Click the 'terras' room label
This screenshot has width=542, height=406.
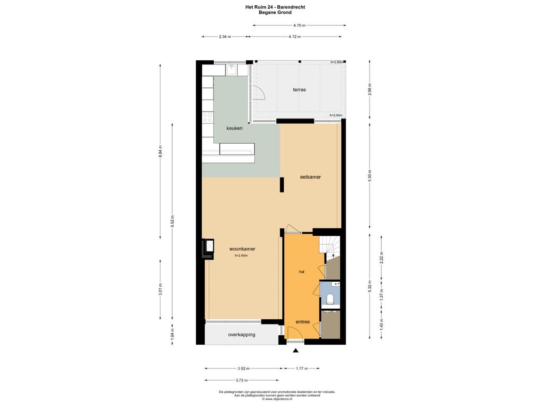coord(300,89)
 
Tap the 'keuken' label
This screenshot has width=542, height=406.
coord(234,128)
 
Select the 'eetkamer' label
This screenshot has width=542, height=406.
coord(310,177)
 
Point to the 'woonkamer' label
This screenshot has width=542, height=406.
coord(242,248)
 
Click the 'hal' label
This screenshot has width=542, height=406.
coord(302,272)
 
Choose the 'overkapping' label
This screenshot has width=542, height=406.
coord(241,335)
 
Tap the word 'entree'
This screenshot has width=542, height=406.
coord(302,322)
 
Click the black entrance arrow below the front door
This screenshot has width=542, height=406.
coord(295,350)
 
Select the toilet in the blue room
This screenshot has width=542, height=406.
coord(330,299)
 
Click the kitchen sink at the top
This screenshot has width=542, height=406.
coord(232,70)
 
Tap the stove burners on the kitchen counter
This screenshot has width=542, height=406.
coord(207,117)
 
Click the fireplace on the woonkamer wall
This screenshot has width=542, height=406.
coord(208,248)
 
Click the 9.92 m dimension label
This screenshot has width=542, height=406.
coord(173,222)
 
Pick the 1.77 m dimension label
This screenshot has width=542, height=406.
coord(302,368)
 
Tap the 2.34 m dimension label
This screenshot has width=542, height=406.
coord(224,36)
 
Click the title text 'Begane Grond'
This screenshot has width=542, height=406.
coord(275,13)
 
